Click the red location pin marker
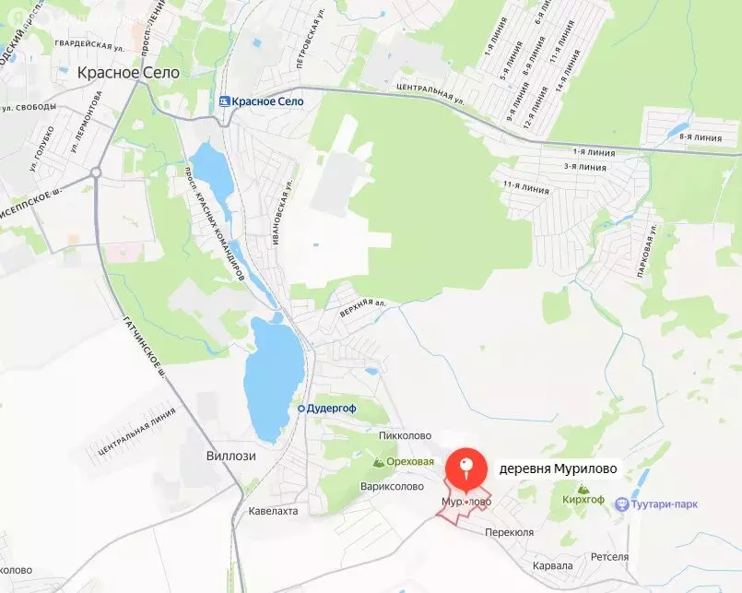(x=466, y=468)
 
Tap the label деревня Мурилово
(x=557, y=468)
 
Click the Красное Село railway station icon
(x=225, y=101)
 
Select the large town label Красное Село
(x=128, y=73)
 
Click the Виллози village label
(x=230, y=456)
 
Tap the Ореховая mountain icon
(x=378, y=461)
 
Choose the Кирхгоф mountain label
(x=583, y=498)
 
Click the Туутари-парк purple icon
(x=622, y=504)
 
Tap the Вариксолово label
(x=393, y=486)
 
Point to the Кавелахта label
(x=274, y=510)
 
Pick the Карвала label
(x=553, y=565)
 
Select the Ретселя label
(x=609, y=557)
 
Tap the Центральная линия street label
(x=135, y=432)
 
